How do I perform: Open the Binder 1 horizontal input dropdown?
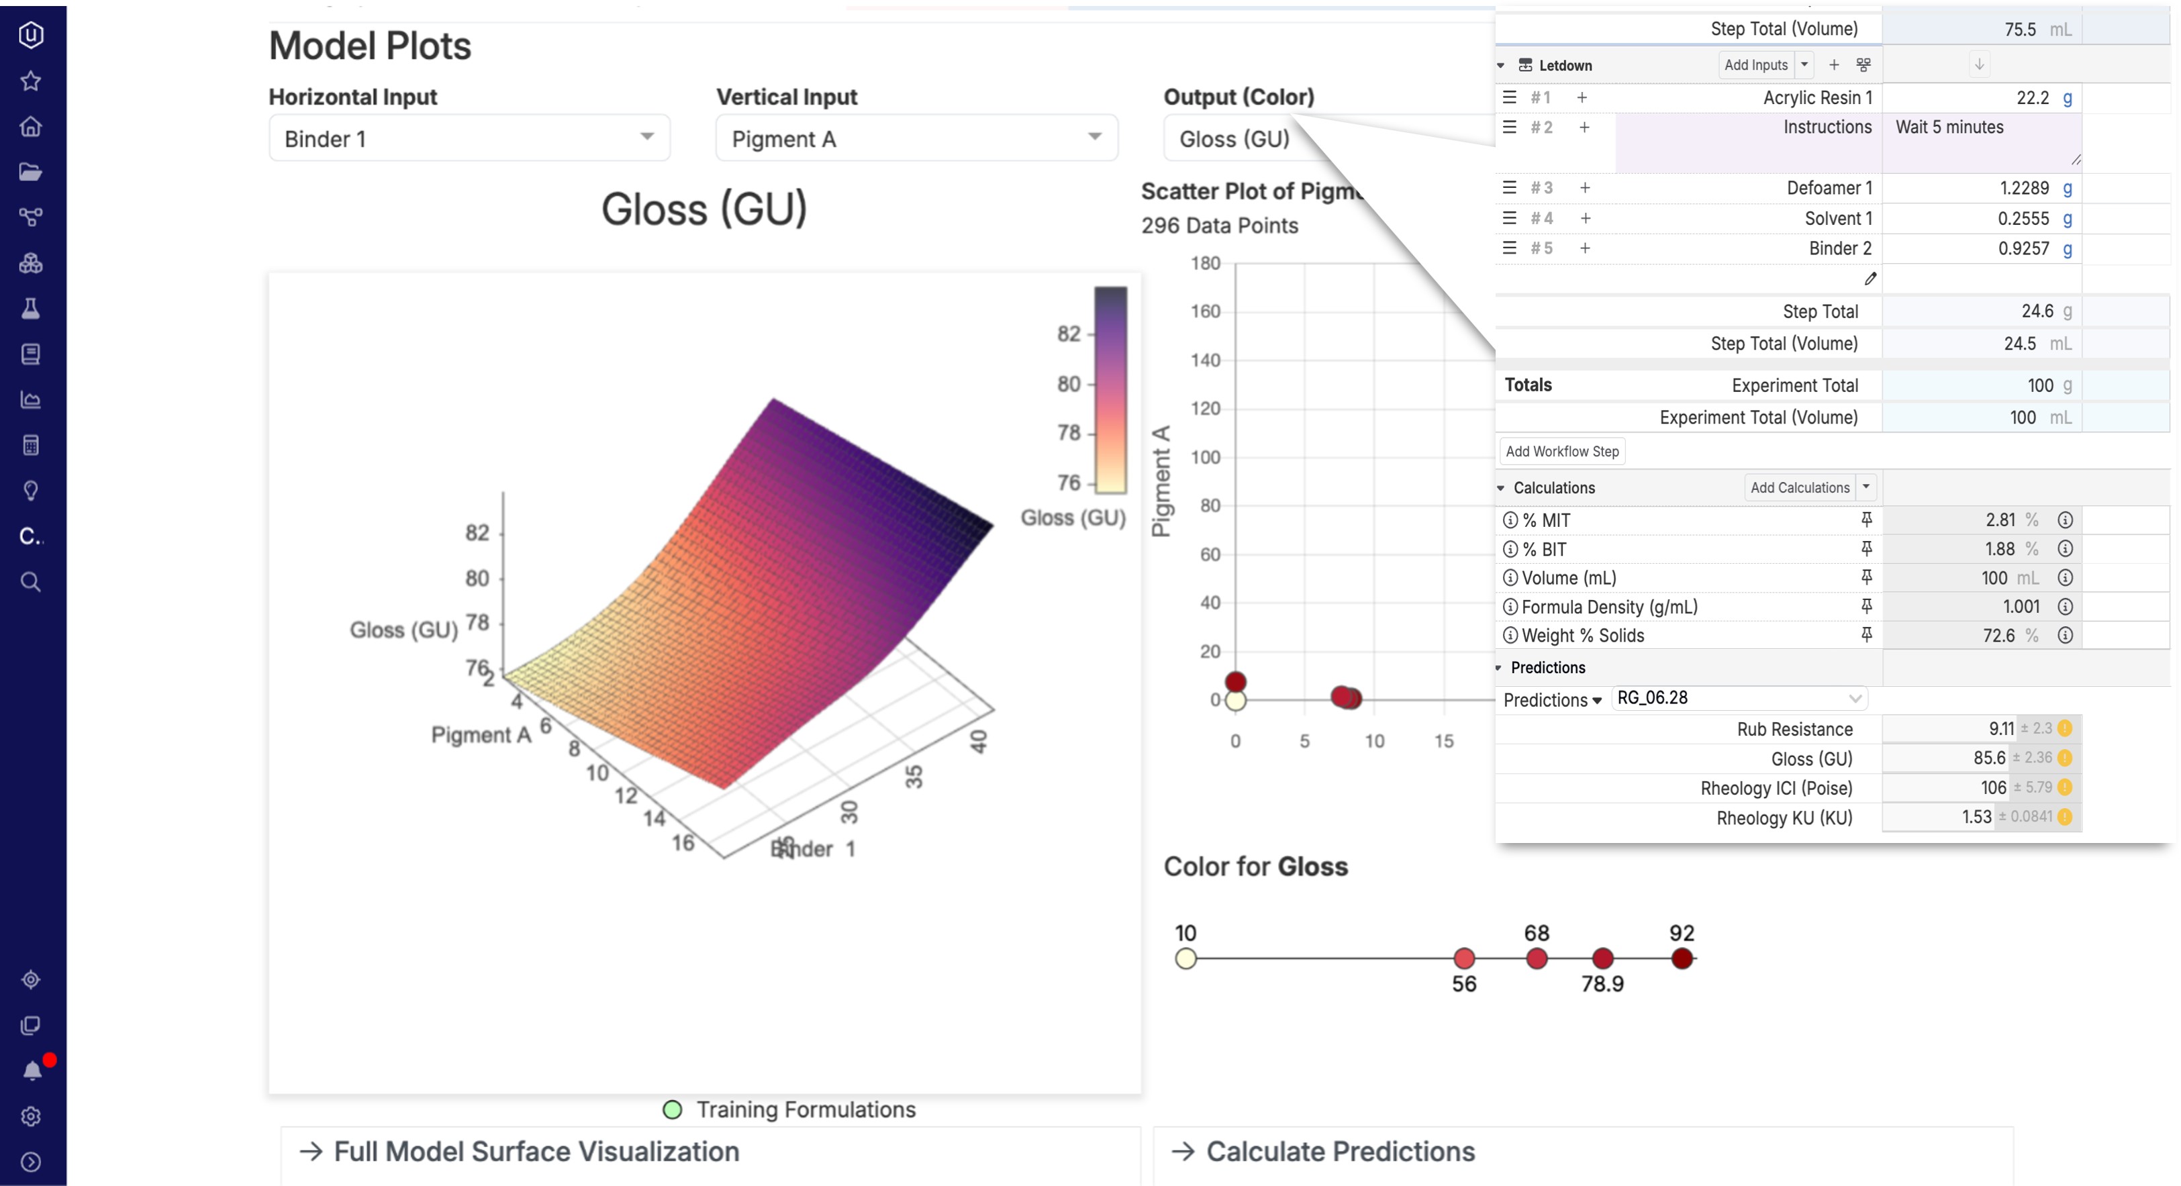click(x=469, y=138)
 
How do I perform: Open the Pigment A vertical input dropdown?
click(x=916, y=138)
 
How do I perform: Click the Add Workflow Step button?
click(x=1562, y=451)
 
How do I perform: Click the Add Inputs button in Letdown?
click(x=1756, y=65)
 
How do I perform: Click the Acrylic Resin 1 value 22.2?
click(x=2032, y=98)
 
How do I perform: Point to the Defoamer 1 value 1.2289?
click(x=2023, y=188)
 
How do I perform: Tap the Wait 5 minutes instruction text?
click(x=1949, y=128)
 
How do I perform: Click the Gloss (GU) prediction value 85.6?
click(x=1989, y=758)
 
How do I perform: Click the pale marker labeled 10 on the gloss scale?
click(x=1185, y=958)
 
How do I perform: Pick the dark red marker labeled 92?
click(x=1682, y=958)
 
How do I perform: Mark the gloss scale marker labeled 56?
click(x=1464, y=958)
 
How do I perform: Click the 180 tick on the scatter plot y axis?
click(x=1205, y=263)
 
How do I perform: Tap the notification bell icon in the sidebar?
click(x=32, y=1070)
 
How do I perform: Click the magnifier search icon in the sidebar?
click(x=30, y=581)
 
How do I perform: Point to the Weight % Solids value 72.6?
click(x=1998, y=636)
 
